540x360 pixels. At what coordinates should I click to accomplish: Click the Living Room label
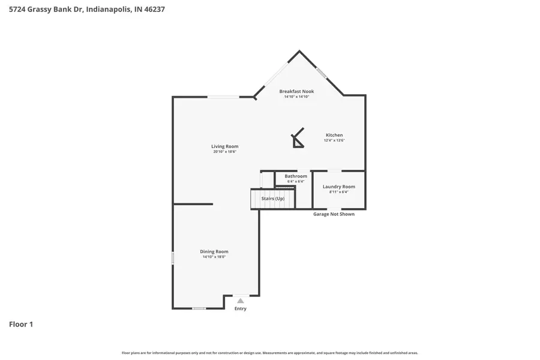tap(224, 146)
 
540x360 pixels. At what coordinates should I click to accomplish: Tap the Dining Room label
tap(214, 251)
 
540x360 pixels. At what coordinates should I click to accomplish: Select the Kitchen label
tap(334, 135)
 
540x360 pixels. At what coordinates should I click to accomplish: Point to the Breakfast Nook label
tap(296, 91)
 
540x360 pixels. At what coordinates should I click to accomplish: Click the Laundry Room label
tap(338, 187)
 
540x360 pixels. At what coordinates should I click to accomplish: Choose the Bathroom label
tap(296, 176)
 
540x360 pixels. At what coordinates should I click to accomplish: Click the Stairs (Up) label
tap(273, 198)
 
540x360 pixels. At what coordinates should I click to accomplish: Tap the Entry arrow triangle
tap(240, 301)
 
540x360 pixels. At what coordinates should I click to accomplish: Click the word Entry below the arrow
tap(240, 309)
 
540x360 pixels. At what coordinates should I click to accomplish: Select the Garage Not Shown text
tap(334, 214)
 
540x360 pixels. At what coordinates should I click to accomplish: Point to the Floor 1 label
tap(21, 325)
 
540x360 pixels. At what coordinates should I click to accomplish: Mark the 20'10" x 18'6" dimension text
tap(224, 152)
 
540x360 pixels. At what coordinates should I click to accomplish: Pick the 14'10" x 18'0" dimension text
tap(214, 257)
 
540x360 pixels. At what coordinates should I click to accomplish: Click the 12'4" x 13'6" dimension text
tap(334, 140)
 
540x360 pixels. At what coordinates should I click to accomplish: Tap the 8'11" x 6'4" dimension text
tap(338, 192)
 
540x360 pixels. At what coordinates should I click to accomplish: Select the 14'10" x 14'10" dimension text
tap(296, 97)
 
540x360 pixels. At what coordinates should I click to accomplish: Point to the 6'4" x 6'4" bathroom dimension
tap(296, 181)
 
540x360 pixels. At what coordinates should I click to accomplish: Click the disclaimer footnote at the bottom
tap(270, 353)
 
